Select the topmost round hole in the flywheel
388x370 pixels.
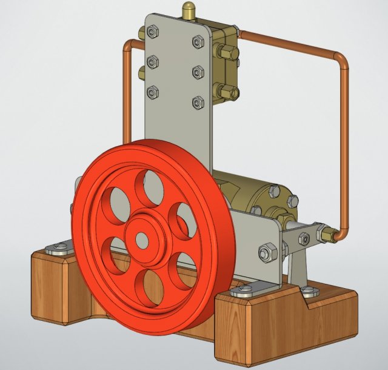pos(149,187)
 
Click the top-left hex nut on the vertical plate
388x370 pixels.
pos(153,31)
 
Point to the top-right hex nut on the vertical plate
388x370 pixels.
pos(198,41)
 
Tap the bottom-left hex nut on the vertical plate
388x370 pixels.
pos(153,92)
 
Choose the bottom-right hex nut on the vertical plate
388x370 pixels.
pos(197,102)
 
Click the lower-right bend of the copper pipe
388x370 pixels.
pos(341,232)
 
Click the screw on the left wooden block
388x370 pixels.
pos(58,246)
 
